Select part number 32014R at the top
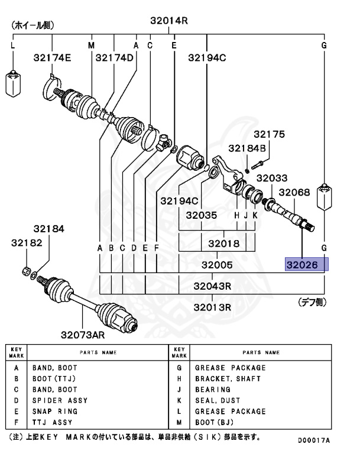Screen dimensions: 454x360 168,21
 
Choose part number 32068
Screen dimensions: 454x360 294,192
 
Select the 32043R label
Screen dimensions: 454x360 212,286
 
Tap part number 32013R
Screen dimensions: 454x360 212,307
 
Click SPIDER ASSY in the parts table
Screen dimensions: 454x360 54,401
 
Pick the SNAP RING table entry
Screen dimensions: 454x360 50,411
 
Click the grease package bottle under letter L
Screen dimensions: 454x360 13,83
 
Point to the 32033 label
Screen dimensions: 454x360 271,178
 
